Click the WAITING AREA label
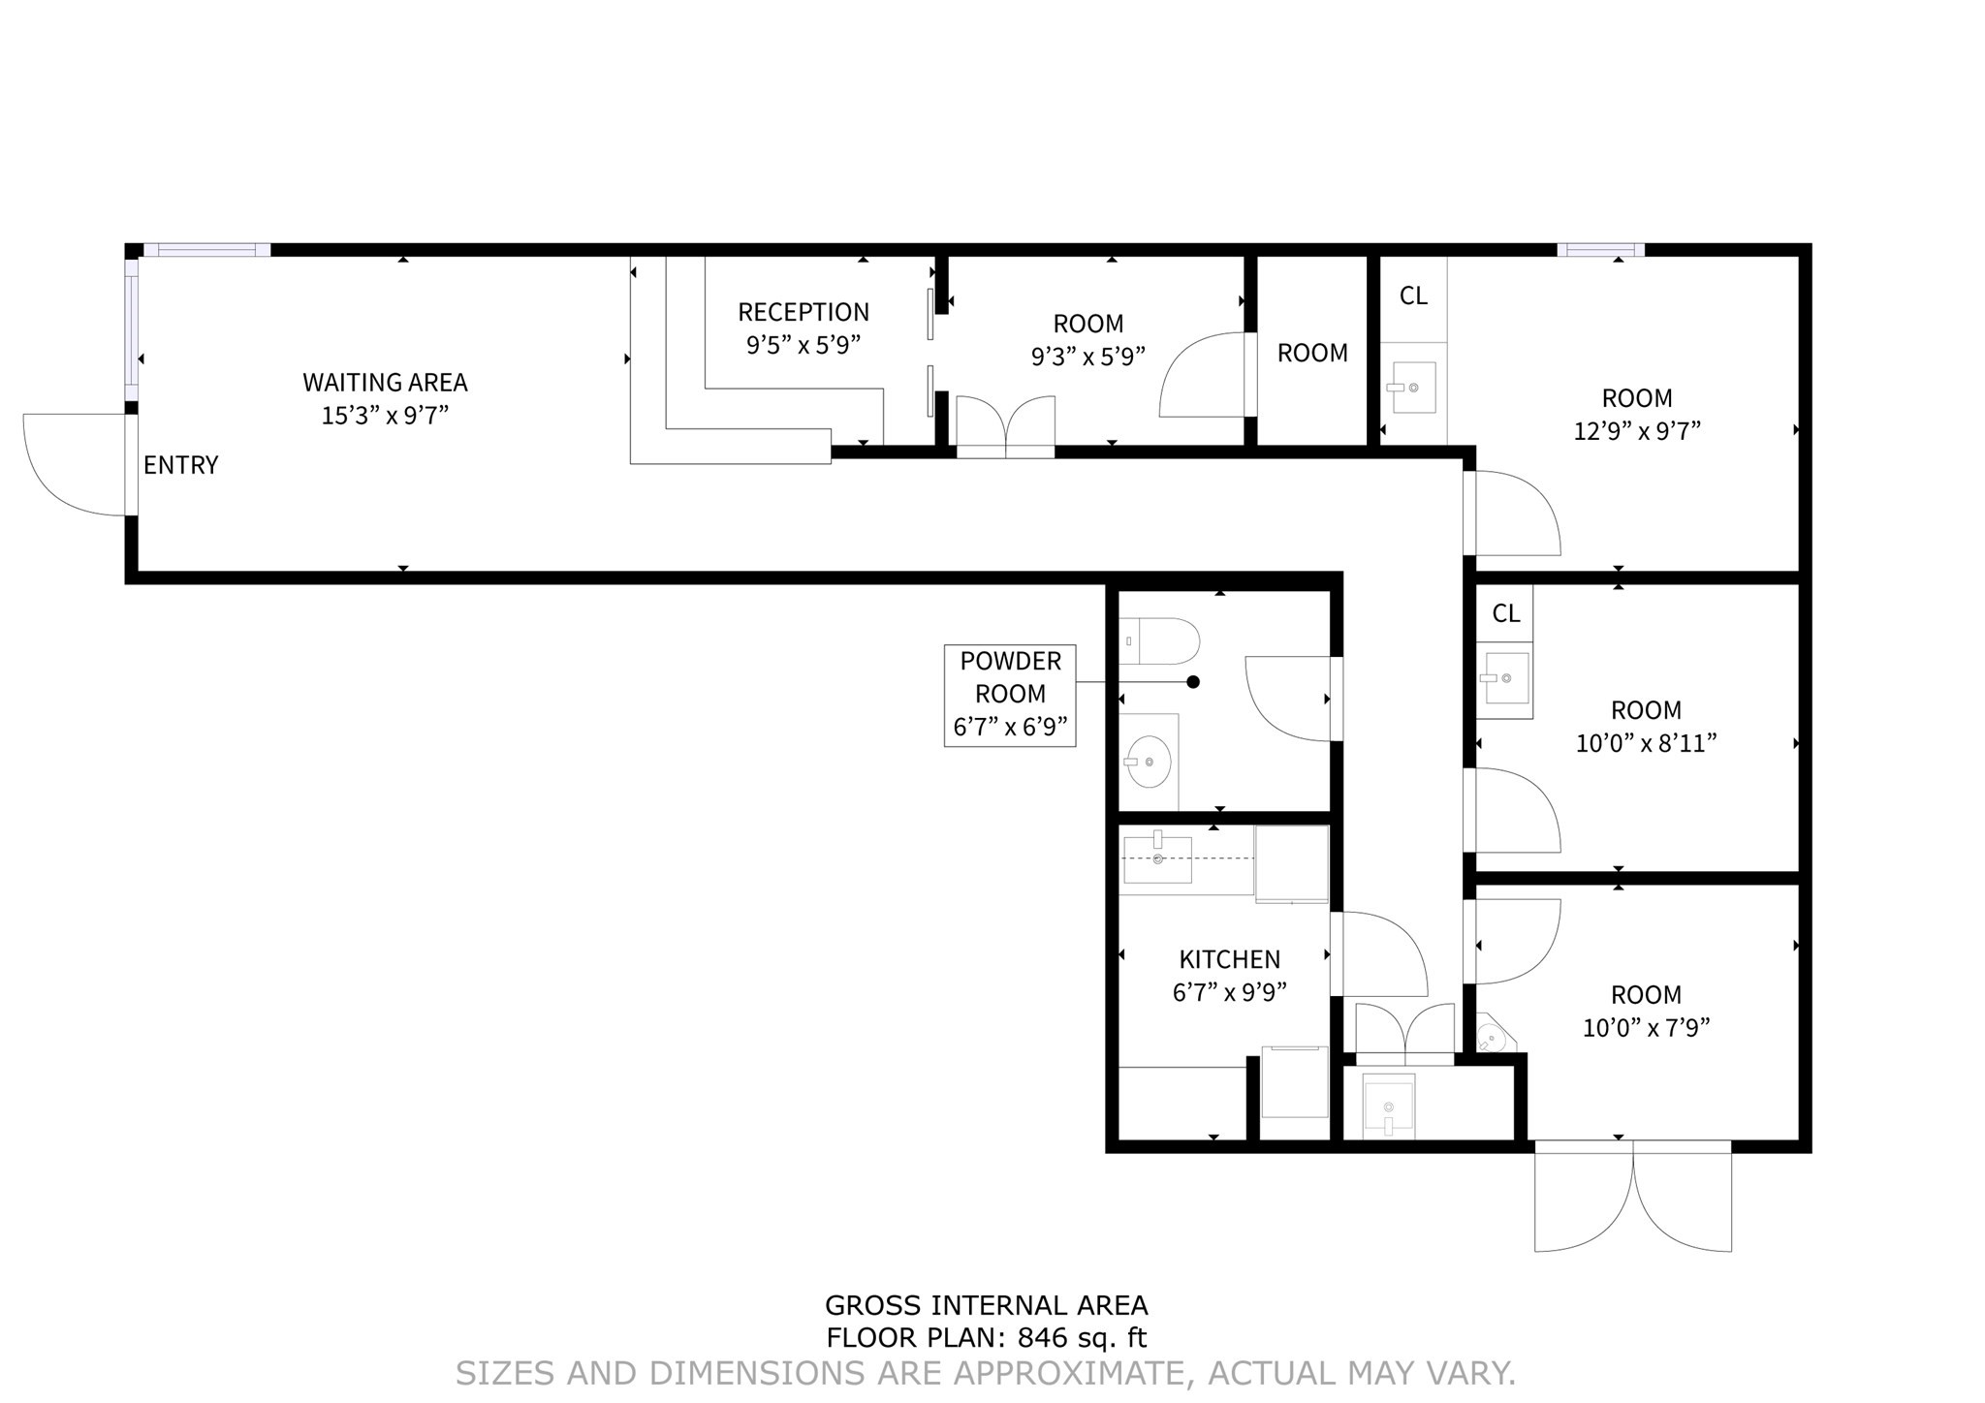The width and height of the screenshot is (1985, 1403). click(385, 383)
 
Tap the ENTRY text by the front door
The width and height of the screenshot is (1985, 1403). click(180, 465)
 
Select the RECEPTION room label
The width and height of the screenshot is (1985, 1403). click(803, 312)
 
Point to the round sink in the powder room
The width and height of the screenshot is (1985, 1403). click(1150, 762)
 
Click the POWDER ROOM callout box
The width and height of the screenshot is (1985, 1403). click(1010, 695)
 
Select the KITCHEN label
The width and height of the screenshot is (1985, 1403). click(1229, 959)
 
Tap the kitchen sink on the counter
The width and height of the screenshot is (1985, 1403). click(1157, 859)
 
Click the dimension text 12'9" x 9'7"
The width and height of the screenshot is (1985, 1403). click(1637, 431)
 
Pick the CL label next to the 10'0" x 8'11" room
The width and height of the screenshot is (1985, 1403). click(1505, 613)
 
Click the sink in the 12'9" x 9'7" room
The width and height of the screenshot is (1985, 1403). click(1410, 388)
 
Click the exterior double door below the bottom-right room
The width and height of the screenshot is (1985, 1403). click(1633, 1197)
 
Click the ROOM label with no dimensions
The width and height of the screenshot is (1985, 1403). click(1312, 354)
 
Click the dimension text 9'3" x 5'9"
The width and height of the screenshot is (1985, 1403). click(1087, 357)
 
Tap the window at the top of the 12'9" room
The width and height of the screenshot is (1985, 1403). click(1600, 250)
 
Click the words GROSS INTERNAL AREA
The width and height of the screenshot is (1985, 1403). click(986, 1305)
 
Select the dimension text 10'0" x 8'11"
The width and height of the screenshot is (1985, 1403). click(1646, 743)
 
